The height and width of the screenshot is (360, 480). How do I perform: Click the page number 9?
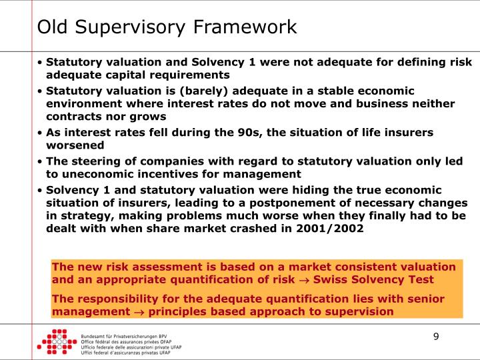(x=436, y=336)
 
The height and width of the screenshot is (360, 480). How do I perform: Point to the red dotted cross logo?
(x=55, y=342)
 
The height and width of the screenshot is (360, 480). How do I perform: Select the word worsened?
(x=75, y=145)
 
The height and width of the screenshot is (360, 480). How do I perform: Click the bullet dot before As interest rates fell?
(x=41, y=133)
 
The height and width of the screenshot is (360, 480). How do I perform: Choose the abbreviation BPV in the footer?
(x=175, y=336)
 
